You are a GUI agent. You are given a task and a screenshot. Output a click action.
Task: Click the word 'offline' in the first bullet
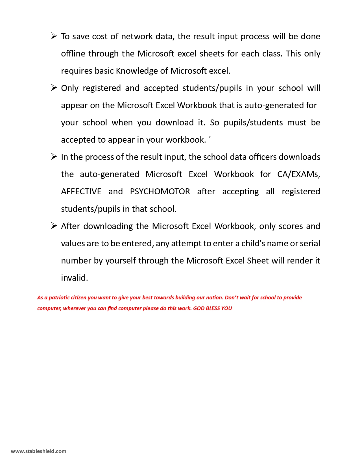coord(73,54)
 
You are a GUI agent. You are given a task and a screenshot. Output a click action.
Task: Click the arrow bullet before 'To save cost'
coord(54,36)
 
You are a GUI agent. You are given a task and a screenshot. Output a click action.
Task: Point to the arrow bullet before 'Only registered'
coord(54,88)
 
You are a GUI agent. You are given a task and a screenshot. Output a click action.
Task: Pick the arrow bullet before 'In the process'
coord(54,156)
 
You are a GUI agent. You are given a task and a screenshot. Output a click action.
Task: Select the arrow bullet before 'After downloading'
coord(54,226)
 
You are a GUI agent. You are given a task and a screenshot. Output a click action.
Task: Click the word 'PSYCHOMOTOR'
coord(160,191)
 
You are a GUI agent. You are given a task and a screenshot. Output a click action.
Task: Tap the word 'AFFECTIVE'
coord(81,191)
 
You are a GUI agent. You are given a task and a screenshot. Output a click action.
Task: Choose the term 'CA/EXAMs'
coord(298,174)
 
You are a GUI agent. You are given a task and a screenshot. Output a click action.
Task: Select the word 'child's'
coord(253,243)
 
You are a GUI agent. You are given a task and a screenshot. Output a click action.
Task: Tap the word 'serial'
coord(310,243)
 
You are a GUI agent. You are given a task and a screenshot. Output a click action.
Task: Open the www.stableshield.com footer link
coord(38,451)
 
